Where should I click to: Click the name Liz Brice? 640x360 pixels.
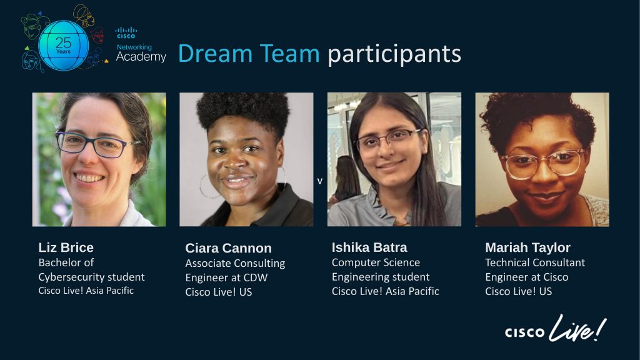(x=66, y=247)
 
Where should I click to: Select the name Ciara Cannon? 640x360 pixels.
(x=228, y=248)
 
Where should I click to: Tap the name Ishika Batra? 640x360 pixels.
(x=369, y=247)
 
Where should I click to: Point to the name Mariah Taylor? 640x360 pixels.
(x=527, y=247)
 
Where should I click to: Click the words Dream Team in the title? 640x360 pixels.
(x=249, y=54)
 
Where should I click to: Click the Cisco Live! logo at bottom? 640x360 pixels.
(x=556, y=330)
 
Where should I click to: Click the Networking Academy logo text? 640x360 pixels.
(x=141, y=53)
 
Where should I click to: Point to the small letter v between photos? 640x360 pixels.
(x=320, y=181)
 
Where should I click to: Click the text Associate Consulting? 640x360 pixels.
(x=235, y=263)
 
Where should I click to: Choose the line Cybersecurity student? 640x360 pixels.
(x=91, y=277)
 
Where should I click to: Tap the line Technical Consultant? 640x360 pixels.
(x=535, y=262)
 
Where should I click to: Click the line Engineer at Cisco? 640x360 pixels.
(x=527, y=277)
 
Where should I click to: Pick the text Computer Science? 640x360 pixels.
(x=376, y=262)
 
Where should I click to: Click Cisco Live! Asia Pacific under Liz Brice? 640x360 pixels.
(x=86, y=291)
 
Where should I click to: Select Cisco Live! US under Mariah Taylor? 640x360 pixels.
(x=519, y=291)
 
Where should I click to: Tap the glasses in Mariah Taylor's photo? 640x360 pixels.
(x=542, y=163)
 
